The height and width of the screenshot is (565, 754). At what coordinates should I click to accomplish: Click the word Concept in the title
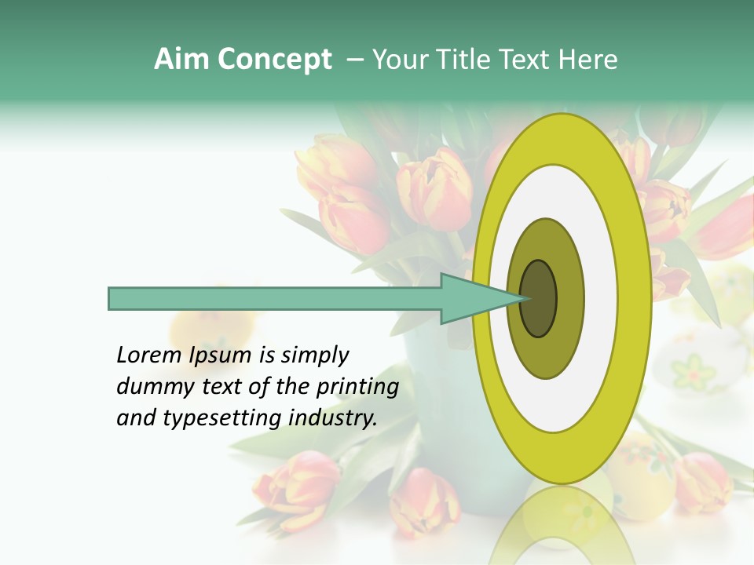[274, 60]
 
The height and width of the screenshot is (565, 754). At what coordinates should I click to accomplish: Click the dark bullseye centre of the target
[539, 299]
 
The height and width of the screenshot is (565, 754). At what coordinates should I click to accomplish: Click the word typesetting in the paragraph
[222, 418]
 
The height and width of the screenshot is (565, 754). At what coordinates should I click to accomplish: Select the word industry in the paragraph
[333, 418]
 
